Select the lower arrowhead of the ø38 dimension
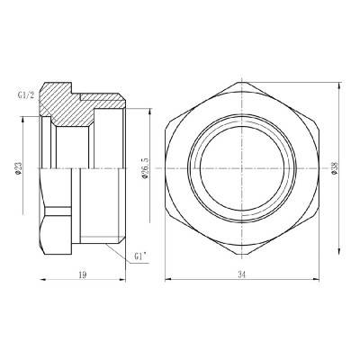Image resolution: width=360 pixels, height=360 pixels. (340, 253)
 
